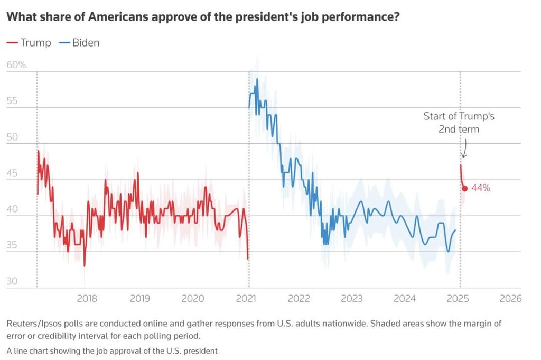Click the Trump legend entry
[29, 43]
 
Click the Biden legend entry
[79, 43]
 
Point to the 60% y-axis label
[16, 65]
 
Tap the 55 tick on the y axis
[12, 101]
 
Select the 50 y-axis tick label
[12, 137]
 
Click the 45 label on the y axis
[12, 173]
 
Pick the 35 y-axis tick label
[12, 245]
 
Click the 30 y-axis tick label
[12, 281]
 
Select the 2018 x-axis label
[87, 298]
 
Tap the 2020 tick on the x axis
[193, 298]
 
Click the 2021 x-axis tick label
[246, 298]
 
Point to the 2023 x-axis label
[351, 298]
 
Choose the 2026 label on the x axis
[510, 298]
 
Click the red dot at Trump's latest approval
[465, 188]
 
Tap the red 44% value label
[481, 188]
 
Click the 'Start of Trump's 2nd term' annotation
[459, 122]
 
